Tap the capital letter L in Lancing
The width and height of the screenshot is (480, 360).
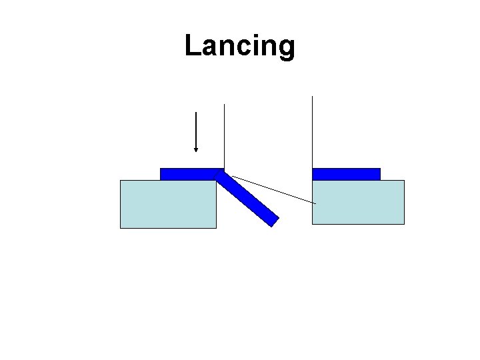pyautogui.click(x=192, y=45)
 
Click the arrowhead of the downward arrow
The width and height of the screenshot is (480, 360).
pyautogui.click(x=195, y=149)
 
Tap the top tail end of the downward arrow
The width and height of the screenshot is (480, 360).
pyautogui.click(x=195, y=112)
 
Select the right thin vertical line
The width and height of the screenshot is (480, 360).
pyautogui.click(x=312, y=133)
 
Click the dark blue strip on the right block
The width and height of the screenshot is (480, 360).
pyautogui.click(x=346, y=174)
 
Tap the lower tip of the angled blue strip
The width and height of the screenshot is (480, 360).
pyautogui.click(x=273, y=222)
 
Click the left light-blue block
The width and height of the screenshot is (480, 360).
pyautogui.click(x=168, y=204)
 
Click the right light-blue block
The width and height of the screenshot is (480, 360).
pyautogui.click(x=358, y=202)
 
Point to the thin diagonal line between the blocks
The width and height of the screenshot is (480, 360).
pyautogui.click(x=273, y=189)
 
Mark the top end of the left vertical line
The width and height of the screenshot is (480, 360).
pyautogui.click(x=225, y=105)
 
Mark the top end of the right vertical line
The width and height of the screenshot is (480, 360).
pyautogui.click(x=312, y=97)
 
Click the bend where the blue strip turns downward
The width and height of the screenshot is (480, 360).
pyautogui.click(x=221, y=173)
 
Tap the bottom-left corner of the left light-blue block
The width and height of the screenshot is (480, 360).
pyautogui.click(x=121, y=227)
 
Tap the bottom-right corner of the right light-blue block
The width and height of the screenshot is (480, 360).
pyautogui.click(x=403, y=223)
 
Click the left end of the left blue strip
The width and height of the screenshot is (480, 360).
pyautogui.click(x=162, y=174)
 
